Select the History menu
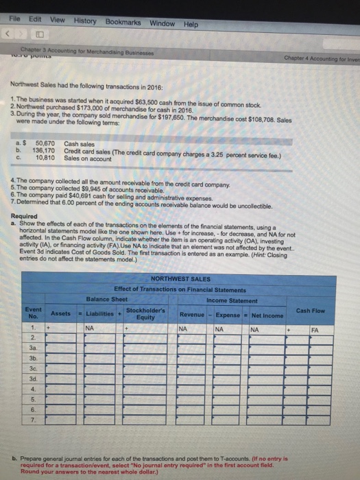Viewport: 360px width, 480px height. [86, 22]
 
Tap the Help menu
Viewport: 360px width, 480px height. [191, 24]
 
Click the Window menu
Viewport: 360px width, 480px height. [162, 23]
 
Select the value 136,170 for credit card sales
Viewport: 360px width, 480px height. [46, 149]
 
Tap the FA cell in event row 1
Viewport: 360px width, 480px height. [314, 328]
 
